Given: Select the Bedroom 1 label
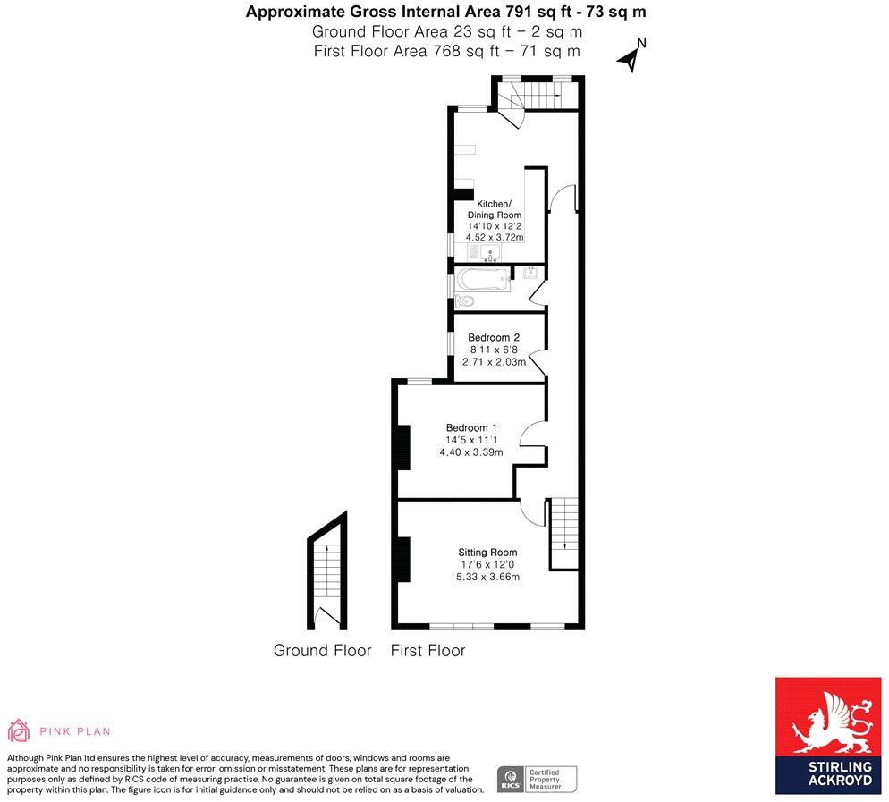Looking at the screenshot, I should click(471, 427).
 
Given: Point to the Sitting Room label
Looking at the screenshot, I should click(487, 552).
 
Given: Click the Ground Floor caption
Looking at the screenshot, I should click(322, 651).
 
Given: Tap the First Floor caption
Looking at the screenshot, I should click(428, 651).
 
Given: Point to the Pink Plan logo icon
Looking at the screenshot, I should click(19, 730).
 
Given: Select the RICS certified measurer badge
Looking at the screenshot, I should click(537, 778).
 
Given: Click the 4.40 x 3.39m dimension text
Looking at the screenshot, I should click(471, 452).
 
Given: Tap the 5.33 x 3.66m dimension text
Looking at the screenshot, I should click(487, 577).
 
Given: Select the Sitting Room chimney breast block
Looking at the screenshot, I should click(403, 559).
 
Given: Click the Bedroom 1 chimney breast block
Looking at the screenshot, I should click(403, 447).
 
